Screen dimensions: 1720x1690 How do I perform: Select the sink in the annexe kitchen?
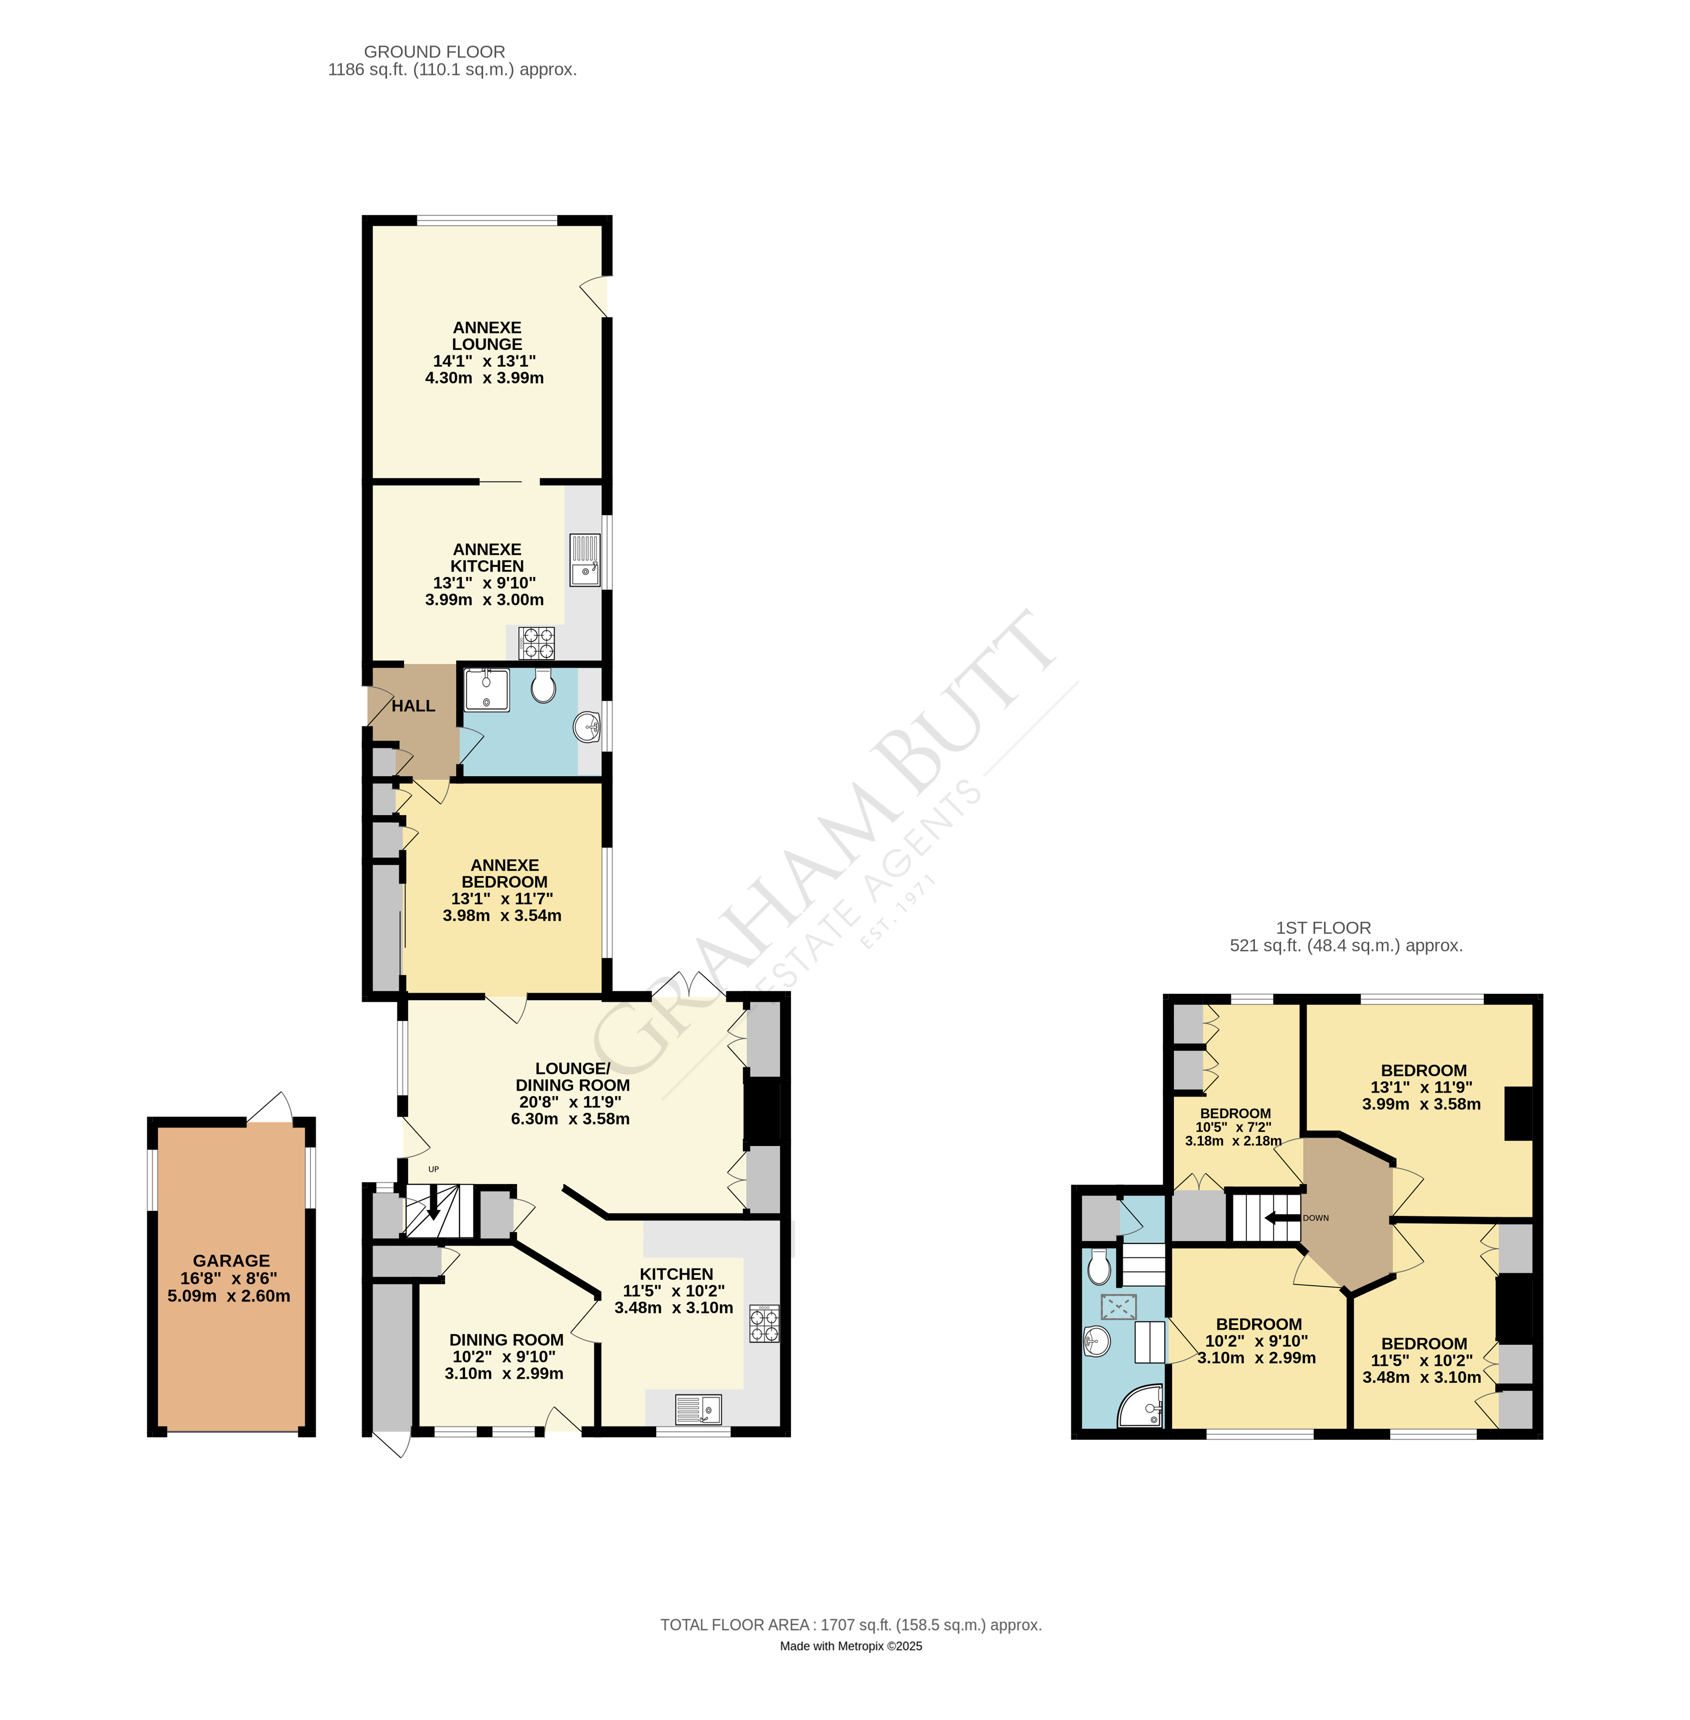coord(585,560)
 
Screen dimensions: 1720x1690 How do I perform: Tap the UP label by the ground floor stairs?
coord(433,1170)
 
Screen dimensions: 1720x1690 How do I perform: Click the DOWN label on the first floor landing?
coord(1316,1218)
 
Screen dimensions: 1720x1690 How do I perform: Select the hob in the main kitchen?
coord(765,1324)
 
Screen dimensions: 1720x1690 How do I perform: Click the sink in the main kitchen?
coord(698,1409)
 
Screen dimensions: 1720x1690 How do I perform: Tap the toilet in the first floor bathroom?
coord(1099,1268)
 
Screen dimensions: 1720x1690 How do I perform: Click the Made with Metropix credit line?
coord(851,1646)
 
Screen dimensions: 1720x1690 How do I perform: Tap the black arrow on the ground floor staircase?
coord(433,1205)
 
